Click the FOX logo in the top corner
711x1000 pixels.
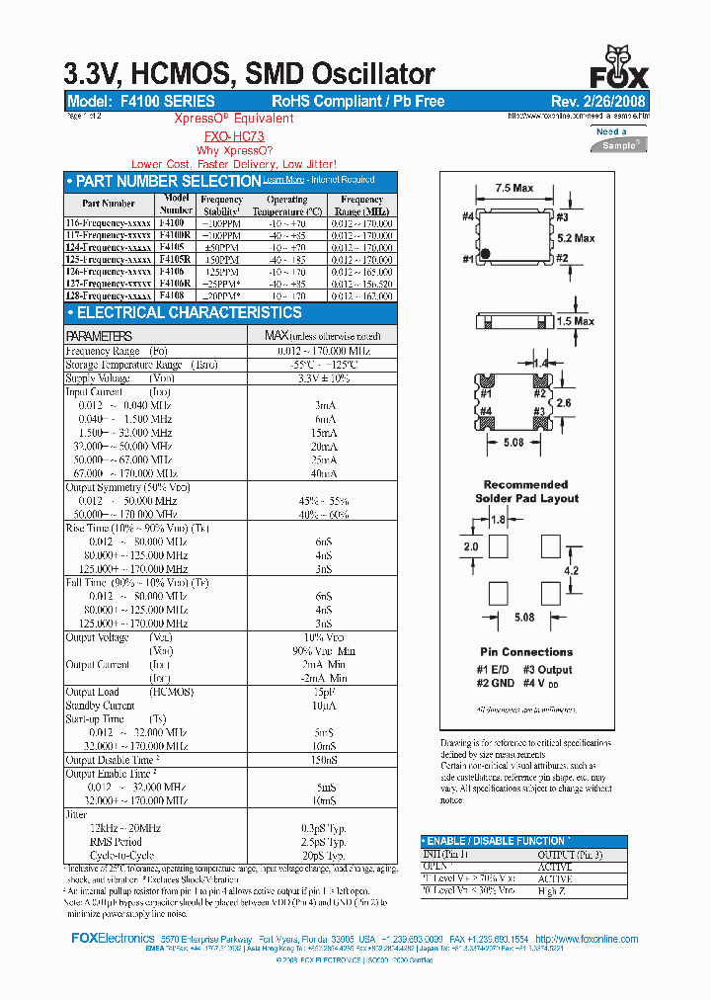coord(620,69)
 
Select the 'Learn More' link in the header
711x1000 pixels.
coord(283,180)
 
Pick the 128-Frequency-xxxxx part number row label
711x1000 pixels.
coord(109,294)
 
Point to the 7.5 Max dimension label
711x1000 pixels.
coord(513,188)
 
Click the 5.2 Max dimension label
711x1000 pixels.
coord(576,238)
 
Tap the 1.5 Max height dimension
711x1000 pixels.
coord(576,321)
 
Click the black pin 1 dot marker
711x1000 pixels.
coord(484,256)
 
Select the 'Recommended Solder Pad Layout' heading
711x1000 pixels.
coord(525,491)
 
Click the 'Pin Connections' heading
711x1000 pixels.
coord(526,652)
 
